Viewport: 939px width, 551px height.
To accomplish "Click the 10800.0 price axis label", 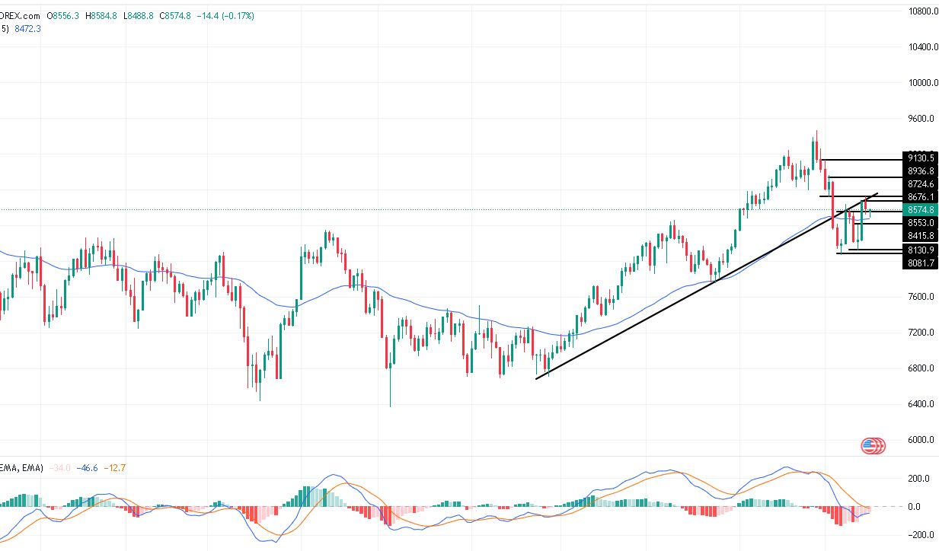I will click(x=920, y=11).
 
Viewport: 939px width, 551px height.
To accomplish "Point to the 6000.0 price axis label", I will click(x=920, y=440).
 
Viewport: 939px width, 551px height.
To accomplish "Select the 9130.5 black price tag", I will click(x=921, y=158).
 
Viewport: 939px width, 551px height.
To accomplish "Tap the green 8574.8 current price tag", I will click(x=921, y=209).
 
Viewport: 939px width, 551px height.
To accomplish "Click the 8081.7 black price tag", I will click(x=921, y=263).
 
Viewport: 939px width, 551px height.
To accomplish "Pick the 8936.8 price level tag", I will click(x=921, y=171).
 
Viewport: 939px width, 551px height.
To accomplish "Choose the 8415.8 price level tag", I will click(x=921, y=236).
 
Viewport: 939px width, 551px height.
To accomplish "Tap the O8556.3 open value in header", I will click(x=62, y=16).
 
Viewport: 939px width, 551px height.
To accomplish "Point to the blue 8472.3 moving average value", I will click(x=28, y=29).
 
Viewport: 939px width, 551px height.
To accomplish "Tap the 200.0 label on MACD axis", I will click(x=918, y=479).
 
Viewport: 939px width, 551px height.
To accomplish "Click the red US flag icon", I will click(x=873, y=446).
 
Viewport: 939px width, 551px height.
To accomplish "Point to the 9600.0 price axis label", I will click(x=920, y=119).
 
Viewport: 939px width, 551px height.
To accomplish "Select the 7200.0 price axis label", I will click(x=920, y=333).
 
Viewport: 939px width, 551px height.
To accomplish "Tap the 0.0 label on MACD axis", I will click(x=923, y=507).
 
